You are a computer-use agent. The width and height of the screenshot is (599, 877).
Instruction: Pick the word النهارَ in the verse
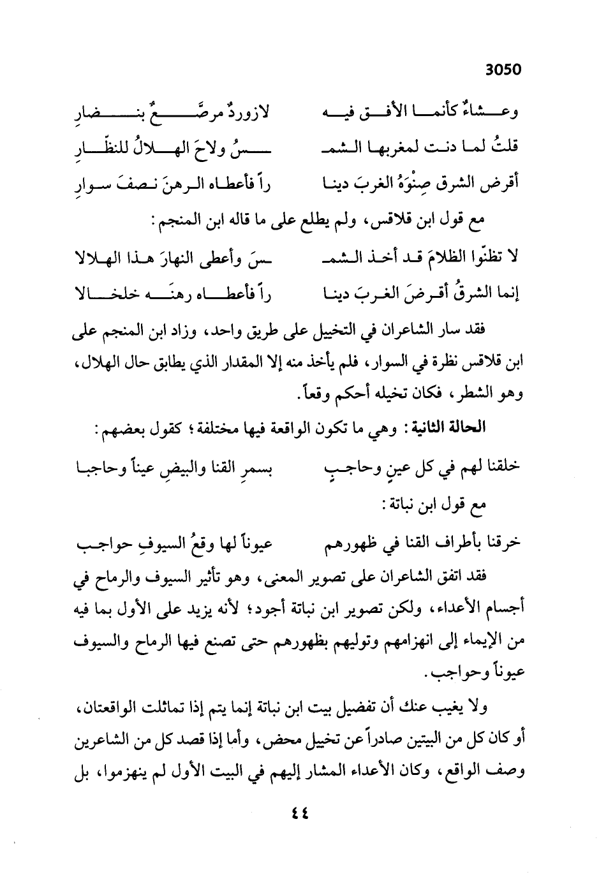pyautogui.click(x=196, y=257)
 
